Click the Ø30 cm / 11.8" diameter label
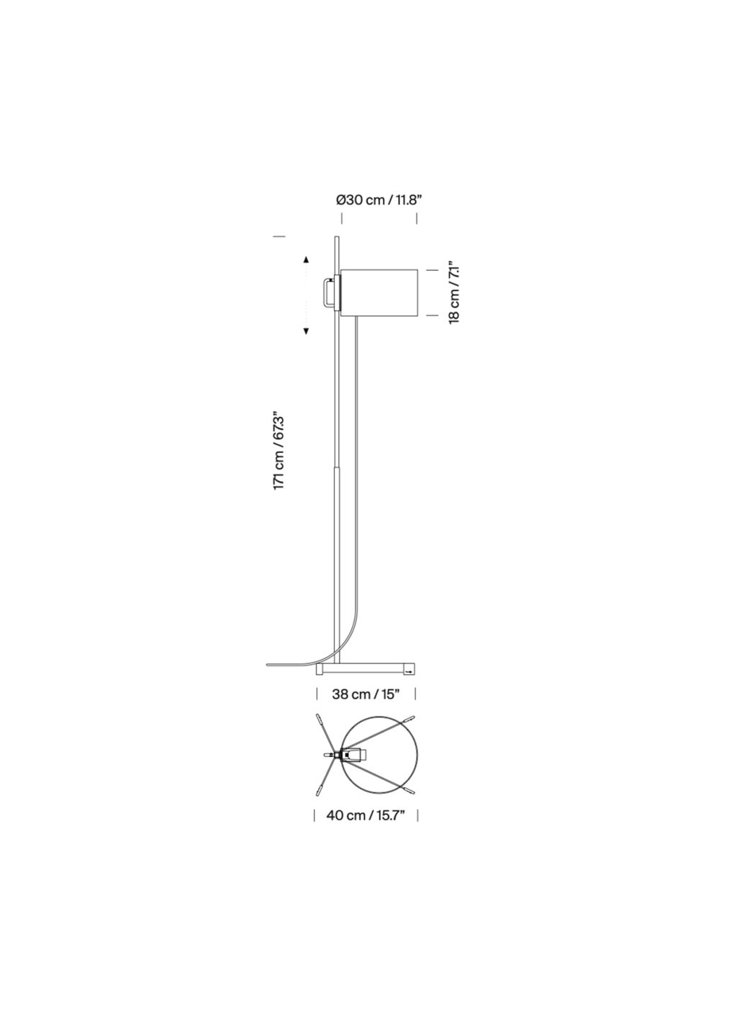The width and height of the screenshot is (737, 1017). [379, 200]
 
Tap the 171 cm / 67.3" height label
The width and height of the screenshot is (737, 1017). [279, 450]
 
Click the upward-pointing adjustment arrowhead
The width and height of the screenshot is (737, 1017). [307, 260]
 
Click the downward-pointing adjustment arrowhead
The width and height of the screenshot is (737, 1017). [307, 331]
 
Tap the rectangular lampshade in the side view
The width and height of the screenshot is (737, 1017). [379, 293]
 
